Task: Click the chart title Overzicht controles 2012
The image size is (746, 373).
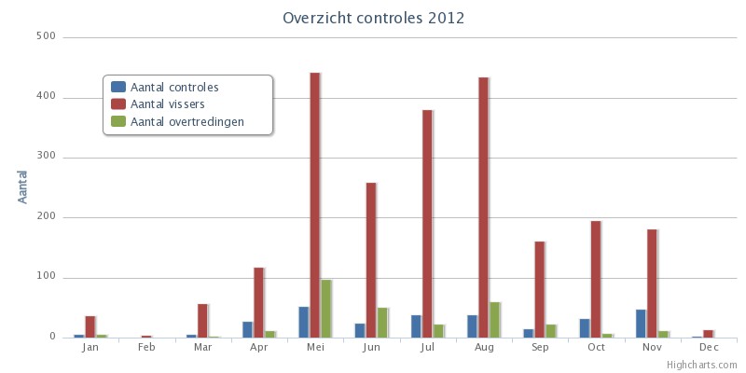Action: tap(373, 18)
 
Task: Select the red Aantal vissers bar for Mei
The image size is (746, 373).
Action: tap(315, 205)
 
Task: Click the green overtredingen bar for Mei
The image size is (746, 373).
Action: tap(326, 309)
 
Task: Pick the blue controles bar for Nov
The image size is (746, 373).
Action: tap(641, 324)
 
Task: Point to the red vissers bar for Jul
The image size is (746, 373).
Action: tap(427, 224)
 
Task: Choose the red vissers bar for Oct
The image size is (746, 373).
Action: tap(595, 279)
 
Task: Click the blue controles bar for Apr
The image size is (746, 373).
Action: tap(247, 329)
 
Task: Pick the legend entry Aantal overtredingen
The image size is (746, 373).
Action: tap(187, 121)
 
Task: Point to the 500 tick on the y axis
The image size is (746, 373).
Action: tap(46, 37)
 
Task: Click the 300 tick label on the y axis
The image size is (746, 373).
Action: tap(46, 158)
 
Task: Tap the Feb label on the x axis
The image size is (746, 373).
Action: tap(146, 348)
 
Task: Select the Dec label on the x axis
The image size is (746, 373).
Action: tap(709, 348)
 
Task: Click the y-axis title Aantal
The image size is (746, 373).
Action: tap(23, 186)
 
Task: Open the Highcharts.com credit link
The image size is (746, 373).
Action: tap(701, 365)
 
